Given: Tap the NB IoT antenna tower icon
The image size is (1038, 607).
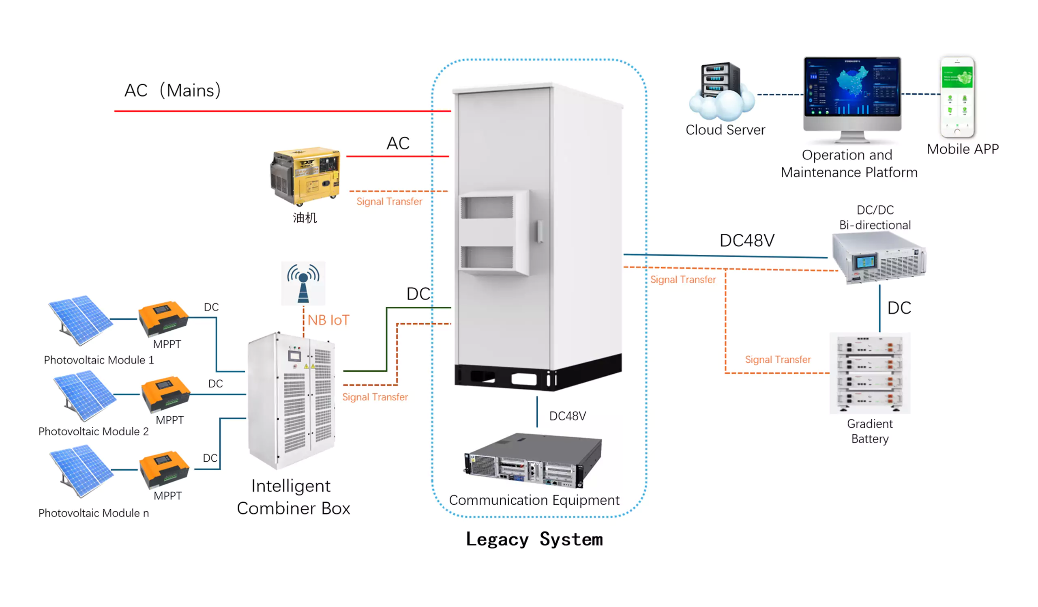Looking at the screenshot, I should tap(303, 283).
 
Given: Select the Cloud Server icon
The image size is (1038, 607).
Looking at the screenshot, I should tap(722, 91).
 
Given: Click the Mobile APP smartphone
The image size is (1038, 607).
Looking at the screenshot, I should tap(957, 97).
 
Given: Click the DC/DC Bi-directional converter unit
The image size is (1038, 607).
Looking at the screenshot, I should tap(879, 258).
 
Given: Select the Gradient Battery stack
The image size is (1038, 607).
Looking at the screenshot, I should tap(870, 372).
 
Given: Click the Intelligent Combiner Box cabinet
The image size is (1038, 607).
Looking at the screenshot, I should tap(292, 400).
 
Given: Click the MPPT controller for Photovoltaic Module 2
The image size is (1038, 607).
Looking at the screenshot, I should tap(165, 394).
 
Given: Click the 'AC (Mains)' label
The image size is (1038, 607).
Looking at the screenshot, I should tap(173, 90).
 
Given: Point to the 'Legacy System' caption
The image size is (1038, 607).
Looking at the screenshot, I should tap(534, 539).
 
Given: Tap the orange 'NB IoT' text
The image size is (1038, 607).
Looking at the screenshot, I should tap(328, 320).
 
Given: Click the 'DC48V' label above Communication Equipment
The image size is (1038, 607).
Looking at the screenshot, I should tap(567, 416).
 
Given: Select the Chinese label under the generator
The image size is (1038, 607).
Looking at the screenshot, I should tap(305, 217).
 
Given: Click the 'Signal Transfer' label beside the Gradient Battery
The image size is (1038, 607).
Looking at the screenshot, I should tap(778, 360).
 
